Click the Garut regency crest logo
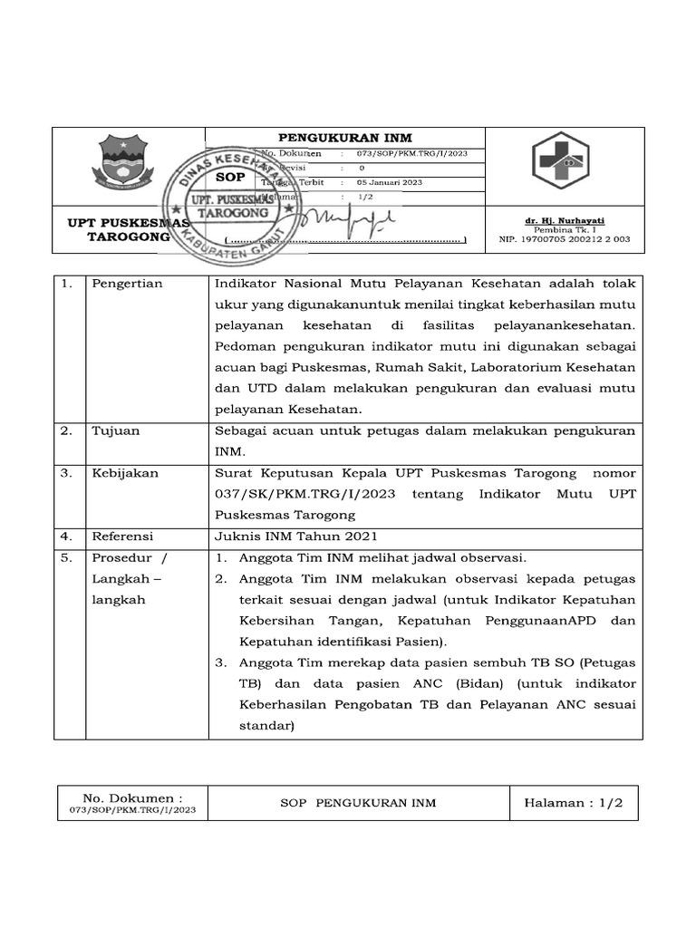click(127, 162)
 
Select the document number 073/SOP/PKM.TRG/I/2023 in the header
click(412, 154)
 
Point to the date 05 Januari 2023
click(390, 182)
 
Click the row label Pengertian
click(127, 284)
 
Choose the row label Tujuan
click(116, 430)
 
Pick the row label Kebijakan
click(125, 473)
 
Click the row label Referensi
click(123, 536)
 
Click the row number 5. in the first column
click(66, 557)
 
